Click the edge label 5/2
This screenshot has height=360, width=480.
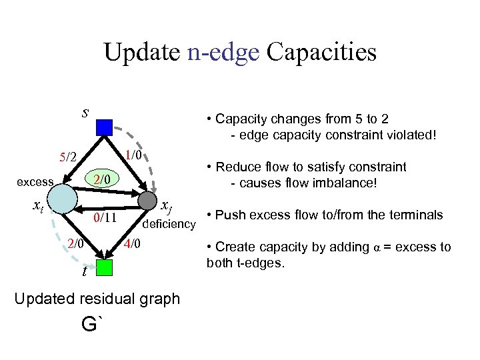click(x=68, y=158)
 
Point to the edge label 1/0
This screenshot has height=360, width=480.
click(x=135, y=155)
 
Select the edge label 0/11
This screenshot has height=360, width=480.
click(x=105, y=217)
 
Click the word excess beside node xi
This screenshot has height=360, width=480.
click(x=35, y=181)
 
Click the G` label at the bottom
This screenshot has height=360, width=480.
click(x=93, y=325)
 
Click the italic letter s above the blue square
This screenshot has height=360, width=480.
click(x=85, y=111)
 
